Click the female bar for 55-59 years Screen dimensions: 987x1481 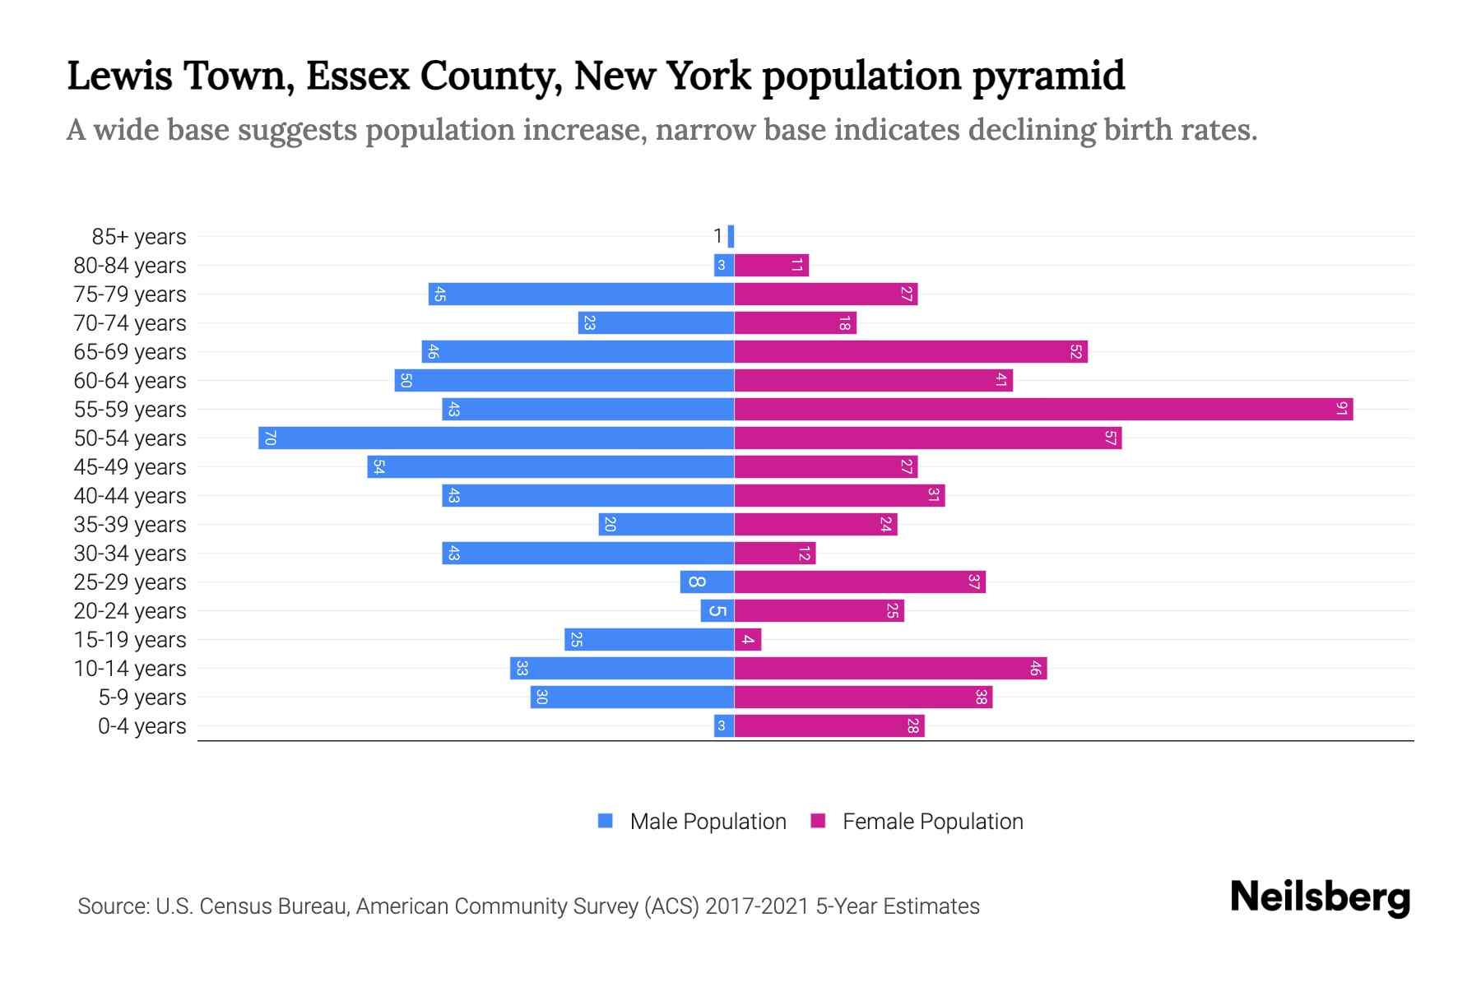tap(1043, 409)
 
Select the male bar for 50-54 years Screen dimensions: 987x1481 tap(496, 438)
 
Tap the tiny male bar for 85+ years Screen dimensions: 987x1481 tap(731, 237)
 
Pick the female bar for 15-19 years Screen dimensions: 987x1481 tap(748, 639)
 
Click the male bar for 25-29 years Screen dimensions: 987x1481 tap(707, 582)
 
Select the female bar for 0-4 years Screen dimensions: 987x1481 tap(829, 725)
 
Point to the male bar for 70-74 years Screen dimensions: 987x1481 tap(656, 322)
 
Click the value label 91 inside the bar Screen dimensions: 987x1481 tap(1341, 409)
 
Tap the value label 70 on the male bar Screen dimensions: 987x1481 tap(270, 438)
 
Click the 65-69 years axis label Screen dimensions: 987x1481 tap(130, 352)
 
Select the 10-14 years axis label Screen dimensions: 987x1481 tap(130, 669)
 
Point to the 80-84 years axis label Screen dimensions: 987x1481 tap(130, 266)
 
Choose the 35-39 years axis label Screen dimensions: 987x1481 tap(130, 525)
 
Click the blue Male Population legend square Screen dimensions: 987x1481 tap(606, 821)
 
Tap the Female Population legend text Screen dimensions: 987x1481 tap(932, 822)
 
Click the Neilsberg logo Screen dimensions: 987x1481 tap(1320, 897)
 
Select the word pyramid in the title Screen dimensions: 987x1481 tap(1048, 76)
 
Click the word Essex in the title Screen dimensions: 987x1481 tap(358, 76)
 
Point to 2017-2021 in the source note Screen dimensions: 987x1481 tap(757, 906)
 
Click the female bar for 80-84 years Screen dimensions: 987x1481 tap(771, 265)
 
